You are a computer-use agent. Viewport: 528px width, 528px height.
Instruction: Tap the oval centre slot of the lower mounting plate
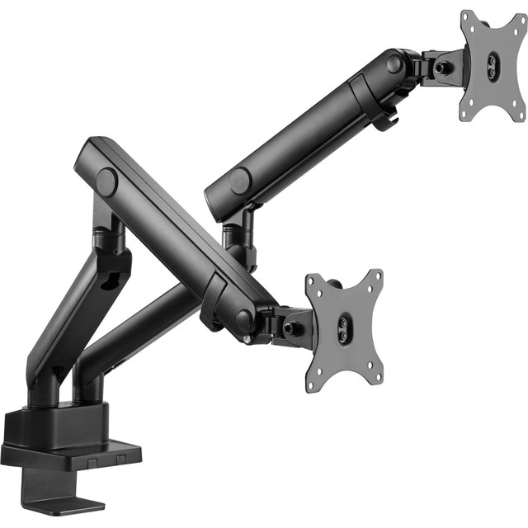[342, 329]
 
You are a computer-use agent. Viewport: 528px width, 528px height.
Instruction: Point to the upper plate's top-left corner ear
[467, 16]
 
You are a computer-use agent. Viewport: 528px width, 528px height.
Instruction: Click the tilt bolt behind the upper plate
[444, 67]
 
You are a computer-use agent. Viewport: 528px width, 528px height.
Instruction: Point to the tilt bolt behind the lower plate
[291, 327]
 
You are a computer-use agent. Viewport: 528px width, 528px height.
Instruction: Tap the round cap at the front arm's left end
[106, 181]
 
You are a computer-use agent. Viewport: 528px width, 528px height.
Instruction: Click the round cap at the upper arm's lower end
[241, 181]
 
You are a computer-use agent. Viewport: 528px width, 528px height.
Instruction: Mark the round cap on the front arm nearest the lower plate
[244, 321]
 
